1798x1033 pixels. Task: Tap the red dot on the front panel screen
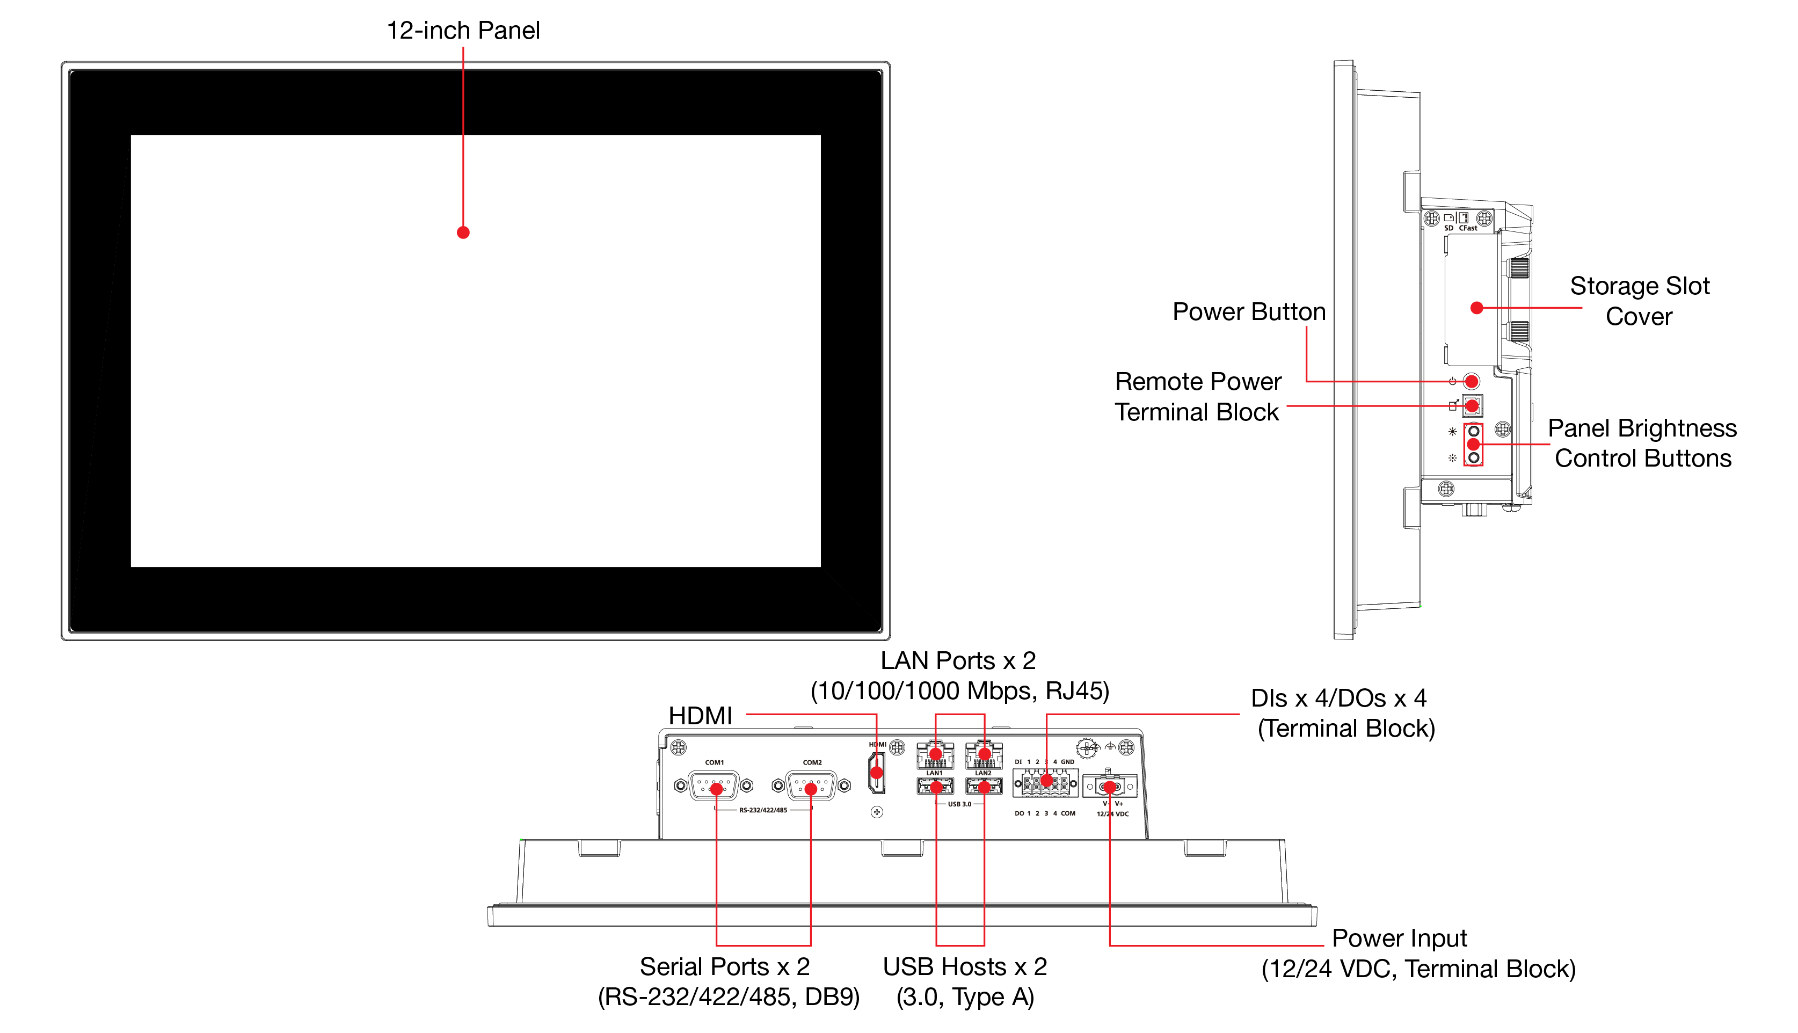tap(463, 232)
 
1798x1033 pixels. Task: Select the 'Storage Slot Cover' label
tap(1639, 301)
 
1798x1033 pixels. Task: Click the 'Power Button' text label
tap(1248, 311)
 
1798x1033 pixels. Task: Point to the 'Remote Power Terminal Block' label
tap(1197, 397)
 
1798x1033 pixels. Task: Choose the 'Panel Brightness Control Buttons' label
tap(1642, 443)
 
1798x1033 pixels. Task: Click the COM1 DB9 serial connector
tap(714, 786)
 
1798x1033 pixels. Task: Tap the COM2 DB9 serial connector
tap(811, 786)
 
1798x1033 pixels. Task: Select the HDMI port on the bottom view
tap(877, 773)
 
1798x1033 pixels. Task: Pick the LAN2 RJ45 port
tap(984, 755)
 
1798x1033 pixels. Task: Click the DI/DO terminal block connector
tap(1047, 783)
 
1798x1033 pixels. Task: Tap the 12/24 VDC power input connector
tap(1109, 786)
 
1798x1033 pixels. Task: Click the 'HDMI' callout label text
tap(700, 716)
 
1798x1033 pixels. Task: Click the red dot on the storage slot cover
tap(1477, 308)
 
